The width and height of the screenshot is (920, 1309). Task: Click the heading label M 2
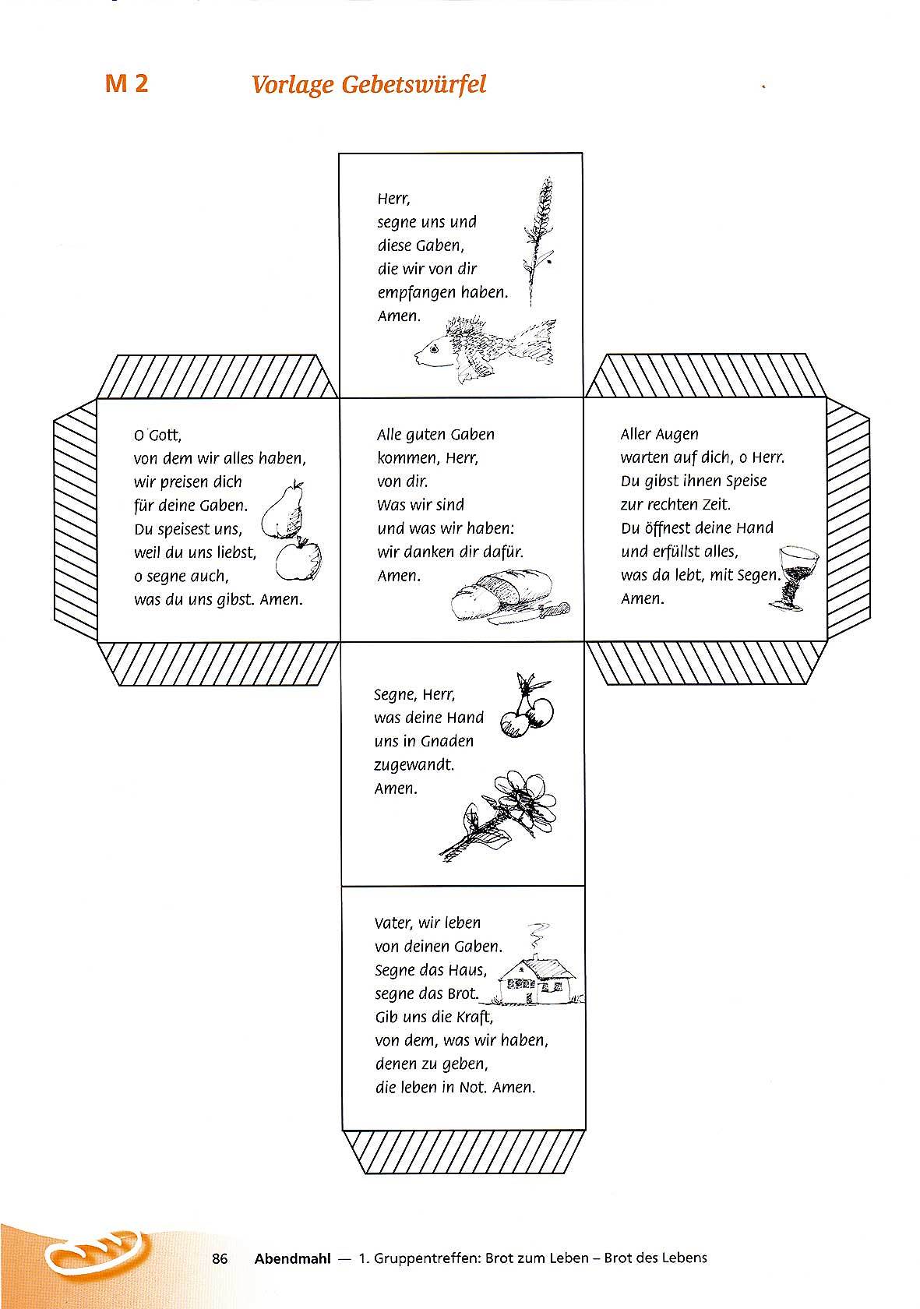pos(126,83)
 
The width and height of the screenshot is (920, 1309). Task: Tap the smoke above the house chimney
pos(536,933)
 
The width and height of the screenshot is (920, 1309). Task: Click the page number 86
pos(220,1258)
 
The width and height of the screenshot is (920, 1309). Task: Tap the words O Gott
pos(157,436)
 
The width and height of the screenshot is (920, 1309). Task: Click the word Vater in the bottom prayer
pos(393,923)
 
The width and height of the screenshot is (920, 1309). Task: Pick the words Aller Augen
pos(659,434)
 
